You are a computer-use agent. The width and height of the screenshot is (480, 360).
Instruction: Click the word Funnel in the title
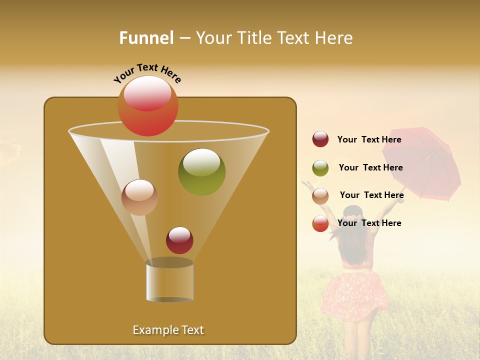tap(146, 38)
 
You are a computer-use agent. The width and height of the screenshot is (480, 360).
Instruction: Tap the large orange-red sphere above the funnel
tap(148, 106)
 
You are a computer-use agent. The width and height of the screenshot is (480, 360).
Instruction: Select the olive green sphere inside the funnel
tap(201, 172)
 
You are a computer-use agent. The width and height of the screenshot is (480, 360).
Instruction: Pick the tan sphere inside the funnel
tap(139, 197)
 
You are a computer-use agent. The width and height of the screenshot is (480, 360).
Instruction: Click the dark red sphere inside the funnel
tap(179, 240)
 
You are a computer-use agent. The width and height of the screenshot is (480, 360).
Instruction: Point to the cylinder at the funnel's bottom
tap(169, 282)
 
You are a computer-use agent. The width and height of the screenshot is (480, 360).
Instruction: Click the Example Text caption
tap(168, 330)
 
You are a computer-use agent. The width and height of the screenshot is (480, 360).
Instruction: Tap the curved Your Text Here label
tap(147, 72)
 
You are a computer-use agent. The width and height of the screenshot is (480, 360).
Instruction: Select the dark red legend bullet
tap(320, 139)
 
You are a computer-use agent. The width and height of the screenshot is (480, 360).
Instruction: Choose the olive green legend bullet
tap(320, 168)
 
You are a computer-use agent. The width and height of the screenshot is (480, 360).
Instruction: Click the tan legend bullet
tap(320, 196)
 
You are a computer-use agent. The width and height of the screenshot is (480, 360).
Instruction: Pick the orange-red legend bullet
tap(320, 223)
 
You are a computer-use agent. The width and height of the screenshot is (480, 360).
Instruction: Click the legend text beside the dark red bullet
tap(369, 140)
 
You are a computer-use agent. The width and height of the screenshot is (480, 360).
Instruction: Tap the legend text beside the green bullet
tap(370, 168)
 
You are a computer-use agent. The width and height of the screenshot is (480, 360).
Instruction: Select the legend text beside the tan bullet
tap(371, 195)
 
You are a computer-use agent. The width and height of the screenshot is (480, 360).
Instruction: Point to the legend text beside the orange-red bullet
tap(369, 223)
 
